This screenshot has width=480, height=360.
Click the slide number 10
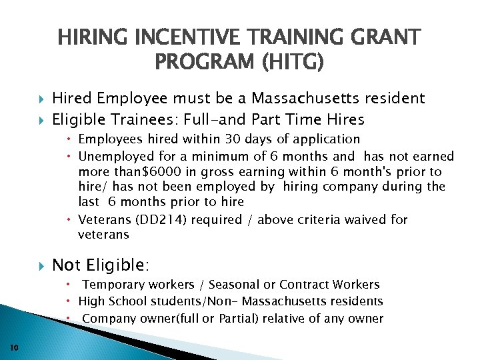coord(15,346)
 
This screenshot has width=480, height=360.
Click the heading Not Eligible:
coord(101,265)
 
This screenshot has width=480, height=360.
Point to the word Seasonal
coord(223,285)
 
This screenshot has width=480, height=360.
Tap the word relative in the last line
coord(292,319)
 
